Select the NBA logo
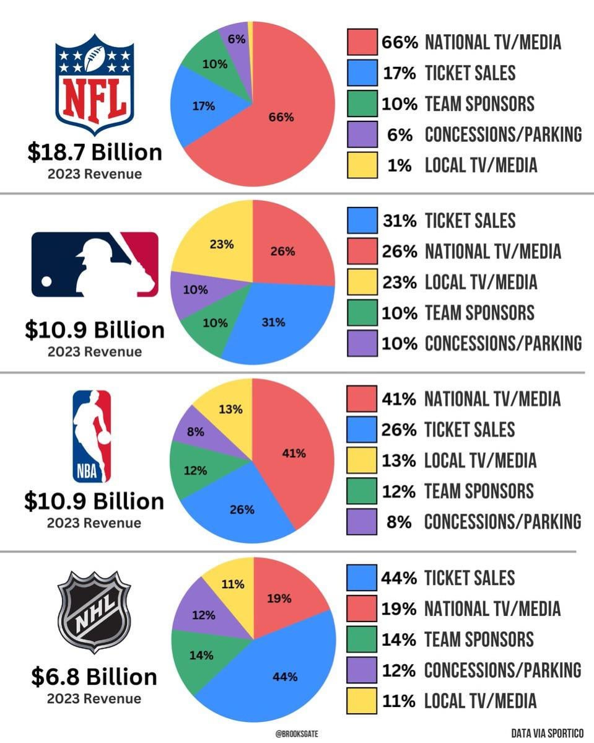point(92,436)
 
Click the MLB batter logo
point(95,265)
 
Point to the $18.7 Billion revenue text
point(94,152)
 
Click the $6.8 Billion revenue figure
point(94,677)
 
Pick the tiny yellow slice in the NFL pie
point(251,26)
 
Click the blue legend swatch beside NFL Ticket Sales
point(362,73)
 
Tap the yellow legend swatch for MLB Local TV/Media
point(362,282)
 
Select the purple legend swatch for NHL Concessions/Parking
point(362,670)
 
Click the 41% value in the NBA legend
point(399,398)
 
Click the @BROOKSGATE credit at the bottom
point(297,733)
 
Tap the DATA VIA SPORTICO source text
point(548,733)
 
